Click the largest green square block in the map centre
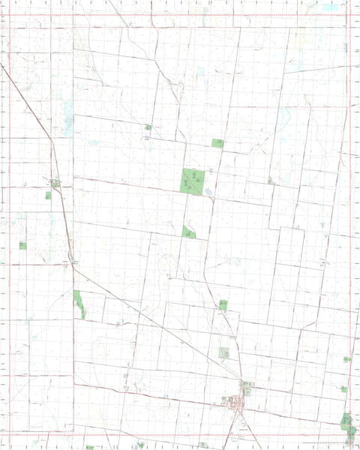click(x=193, y=180)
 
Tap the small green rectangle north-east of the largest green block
click(x=218, y=142)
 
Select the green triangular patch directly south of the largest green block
click(x=189, y=232)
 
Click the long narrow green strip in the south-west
click(x=79, y=304)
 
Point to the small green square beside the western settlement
click(x=49, y=196)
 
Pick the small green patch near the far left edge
click(x=23, y=245)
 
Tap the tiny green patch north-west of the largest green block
click(x=148, y=127)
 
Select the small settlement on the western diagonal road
click(x=55, y=181)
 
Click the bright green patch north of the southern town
click(x=223, y=304)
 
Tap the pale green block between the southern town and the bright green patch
click(x=224, y=352)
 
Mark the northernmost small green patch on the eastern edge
click(x=346, y=359)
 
